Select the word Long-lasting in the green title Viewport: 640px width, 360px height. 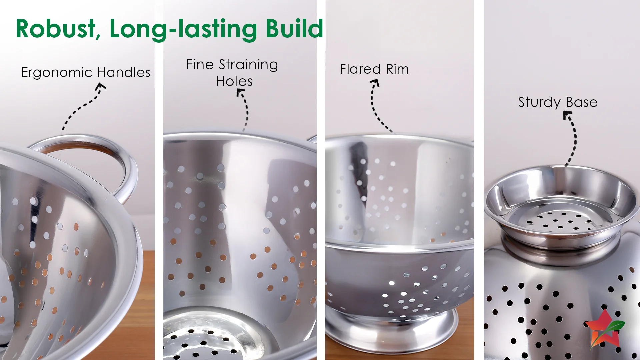183,30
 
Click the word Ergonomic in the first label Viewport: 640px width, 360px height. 56,73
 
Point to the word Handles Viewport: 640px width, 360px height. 124,72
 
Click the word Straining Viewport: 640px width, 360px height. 248,65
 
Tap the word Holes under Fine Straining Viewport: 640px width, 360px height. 234,81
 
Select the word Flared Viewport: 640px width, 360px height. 360,69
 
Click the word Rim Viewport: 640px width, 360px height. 397,69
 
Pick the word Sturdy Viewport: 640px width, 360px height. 539,102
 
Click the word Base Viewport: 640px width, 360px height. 582,102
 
